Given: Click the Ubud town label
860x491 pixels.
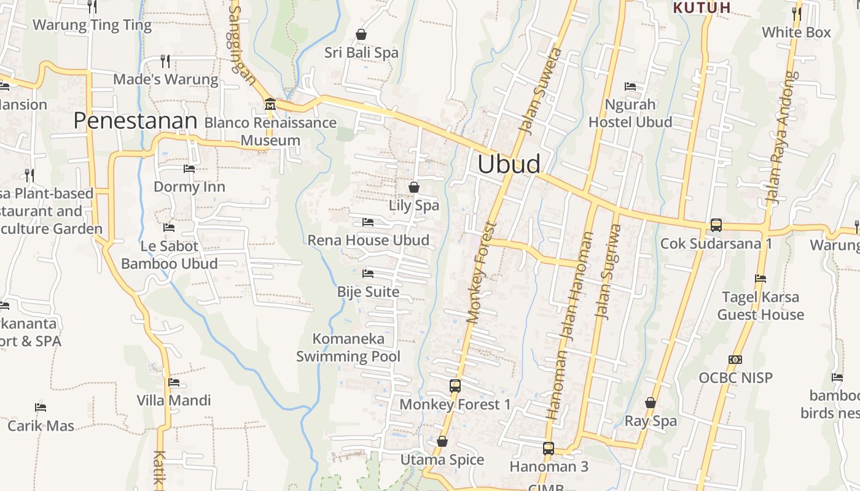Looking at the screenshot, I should [509, 164].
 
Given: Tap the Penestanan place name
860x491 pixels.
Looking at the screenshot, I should [135, 121].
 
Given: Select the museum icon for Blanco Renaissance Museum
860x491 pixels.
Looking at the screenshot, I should [270, 105].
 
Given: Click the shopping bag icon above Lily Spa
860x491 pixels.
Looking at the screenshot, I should [414, 187].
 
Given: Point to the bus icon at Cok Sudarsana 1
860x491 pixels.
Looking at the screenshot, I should [716, 225].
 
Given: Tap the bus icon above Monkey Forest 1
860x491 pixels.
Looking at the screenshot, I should [455, 386].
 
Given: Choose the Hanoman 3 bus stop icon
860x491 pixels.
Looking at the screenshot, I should [549, 449].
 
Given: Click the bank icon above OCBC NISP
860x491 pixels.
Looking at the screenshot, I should [735, 360].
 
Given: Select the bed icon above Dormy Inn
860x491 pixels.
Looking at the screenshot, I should [189, 168].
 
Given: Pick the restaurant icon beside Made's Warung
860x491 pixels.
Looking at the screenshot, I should [165, 61].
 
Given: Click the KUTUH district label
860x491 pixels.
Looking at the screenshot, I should [702, 7].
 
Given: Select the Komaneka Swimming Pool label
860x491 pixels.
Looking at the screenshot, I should [348, 347].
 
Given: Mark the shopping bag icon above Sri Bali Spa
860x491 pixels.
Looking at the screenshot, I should [361, 34].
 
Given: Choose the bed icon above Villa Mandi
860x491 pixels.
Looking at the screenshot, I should [174, 382].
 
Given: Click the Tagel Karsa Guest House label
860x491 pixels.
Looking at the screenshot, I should [760, 306].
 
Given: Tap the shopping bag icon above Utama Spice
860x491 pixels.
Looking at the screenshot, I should [442, 441].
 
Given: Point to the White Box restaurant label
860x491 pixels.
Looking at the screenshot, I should [796, 32].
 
